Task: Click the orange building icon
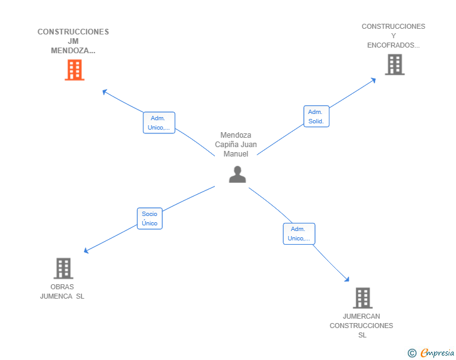tap(75, 69)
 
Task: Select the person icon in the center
tap(237, 174)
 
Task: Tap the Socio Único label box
tap(150, 219)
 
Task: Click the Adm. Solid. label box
tap(316, 116)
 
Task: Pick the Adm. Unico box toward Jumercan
tap(299, 234)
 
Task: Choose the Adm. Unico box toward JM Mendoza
tap(159, 123)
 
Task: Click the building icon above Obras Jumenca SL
tap(63, 269)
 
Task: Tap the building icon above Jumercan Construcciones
tap(363, 298)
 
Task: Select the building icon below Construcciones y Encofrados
tap(395, 64)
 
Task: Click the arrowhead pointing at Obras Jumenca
tap(86, 250)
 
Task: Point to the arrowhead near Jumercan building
tap(346, 279)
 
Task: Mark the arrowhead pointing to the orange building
tap(105, 91)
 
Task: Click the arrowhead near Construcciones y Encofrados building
tap(373, 80)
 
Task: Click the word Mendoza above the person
tap(236, 135)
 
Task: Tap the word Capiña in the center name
tap(228, 145)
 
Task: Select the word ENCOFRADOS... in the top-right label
tap(393, 45)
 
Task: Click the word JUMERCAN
tap(361, 316)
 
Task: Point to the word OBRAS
tap(62, 287)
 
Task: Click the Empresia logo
tap(431, 352)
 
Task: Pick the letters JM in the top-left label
tap(73, 41)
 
